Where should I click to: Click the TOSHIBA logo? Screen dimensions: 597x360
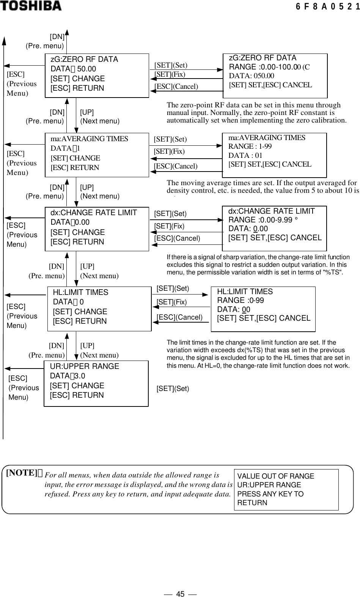coord(31,6)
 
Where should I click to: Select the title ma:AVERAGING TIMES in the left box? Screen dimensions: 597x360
coord(89,139)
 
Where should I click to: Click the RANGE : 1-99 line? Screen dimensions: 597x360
coord(250,146)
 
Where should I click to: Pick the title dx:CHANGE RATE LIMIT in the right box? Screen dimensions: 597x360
coord(271,211)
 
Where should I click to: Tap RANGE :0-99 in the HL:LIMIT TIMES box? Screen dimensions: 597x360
coord(241,301)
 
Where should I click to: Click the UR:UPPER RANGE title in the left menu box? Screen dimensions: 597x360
coord(84,366)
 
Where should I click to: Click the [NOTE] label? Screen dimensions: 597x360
coord(24,473)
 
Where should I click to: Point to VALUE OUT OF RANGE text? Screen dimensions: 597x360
coord(275,476)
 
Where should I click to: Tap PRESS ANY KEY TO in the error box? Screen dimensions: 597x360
coord(270,494)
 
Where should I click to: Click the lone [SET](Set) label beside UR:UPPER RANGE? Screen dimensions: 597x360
coord(173,389)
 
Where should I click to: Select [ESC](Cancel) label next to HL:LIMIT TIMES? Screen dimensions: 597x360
coord(179,317)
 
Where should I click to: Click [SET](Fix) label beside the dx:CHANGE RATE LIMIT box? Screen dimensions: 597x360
coord(169,226)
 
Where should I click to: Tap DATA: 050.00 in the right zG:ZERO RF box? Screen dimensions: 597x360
coord(252,76)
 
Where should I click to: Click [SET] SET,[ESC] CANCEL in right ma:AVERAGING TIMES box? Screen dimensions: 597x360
coord(270,164)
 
